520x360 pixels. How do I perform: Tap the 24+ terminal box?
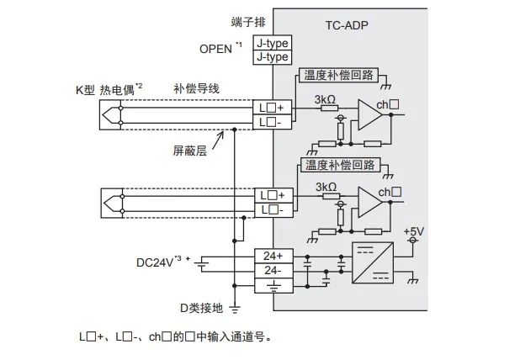(x=273, y=255)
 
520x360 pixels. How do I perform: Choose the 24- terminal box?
(x=273, y=269)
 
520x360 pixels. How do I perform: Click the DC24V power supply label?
(x=158, y=262)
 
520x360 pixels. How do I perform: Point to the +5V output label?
(x=413, y=230)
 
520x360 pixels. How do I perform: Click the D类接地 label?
(x=201, y=308)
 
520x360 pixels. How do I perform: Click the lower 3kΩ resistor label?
(x=325, y=187)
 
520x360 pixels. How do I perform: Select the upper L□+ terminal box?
(x=273, y=107)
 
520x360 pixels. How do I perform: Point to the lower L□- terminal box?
(x=273, y=209)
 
